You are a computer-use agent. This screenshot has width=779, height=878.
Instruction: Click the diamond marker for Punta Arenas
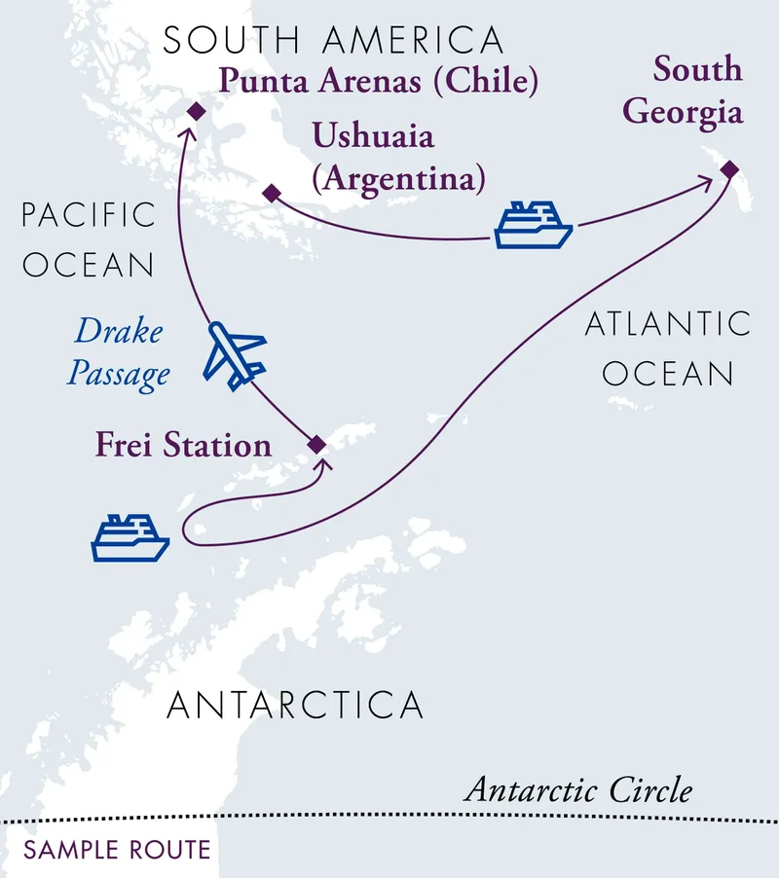(195, 112)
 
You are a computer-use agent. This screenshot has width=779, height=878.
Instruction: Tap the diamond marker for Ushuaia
(271, 194)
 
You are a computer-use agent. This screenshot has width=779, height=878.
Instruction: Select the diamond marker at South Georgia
(729, 170)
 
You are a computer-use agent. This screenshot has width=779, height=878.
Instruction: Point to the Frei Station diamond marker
(315, 444)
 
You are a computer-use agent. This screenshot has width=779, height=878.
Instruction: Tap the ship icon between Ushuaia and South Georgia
(533, 226)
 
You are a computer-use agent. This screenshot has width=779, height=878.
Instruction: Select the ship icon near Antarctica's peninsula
(130, 538)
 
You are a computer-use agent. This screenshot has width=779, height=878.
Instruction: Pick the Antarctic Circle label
(578, 788)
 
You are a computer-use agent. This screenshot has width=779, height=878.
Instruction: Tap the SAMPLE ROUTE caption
(117, 850)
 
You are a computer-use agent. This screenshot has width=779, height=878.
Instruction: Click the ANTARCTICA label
(295, 704)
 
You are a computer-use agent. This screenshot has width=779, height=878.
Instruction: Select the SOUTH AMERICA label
(333, 41)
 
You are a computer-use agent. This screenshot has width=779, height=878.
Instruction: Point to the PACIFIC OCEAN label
(90, 239)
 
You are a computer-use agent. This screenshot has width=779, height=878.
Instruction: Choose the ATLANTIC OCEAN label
(668, 348)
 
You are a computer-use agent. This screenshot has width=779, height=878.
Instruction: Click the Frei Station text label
(183, 445)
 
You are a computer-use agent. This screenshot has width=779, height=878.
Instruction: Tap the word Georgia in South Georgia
(683, 112)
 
